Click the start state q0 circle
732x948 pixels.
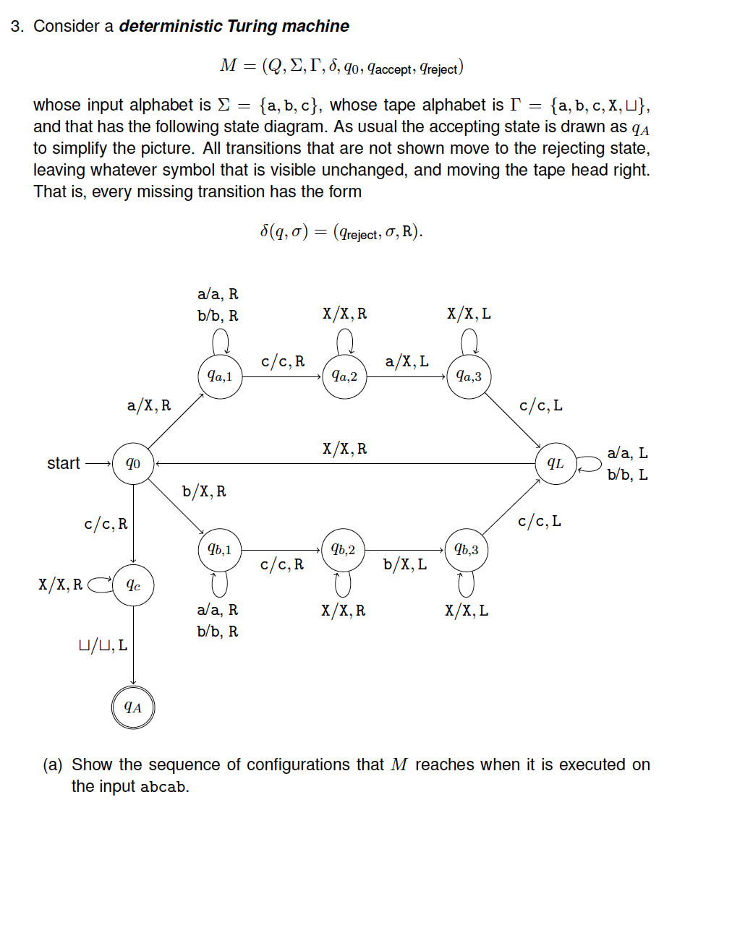133,463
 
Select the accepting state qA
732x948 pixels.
133,707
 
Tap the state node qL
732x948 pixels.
556,463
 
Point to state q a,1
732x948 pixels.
220,376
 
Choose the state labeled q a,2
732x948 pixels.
344,376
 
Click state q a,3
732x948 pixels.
469,376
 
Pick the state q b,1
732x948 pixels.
220,550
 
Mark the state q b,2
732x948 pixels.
343,550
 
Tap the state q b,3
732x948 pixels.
467,550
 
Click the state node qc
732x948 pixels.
133,585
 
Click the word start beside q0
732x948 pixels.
64,464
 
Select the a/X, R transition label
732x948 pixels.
149,405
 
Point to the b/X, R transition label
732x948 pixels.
204,491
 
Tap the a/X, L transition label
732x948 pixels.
407,361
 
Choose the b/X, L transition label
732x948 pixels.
405,564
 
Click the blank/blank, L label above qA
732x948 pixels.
103,645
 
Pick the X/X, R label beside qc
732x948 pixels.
61,585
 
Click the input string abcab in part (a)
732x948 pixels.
163,787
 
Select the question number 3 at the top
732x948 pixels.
17,27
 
